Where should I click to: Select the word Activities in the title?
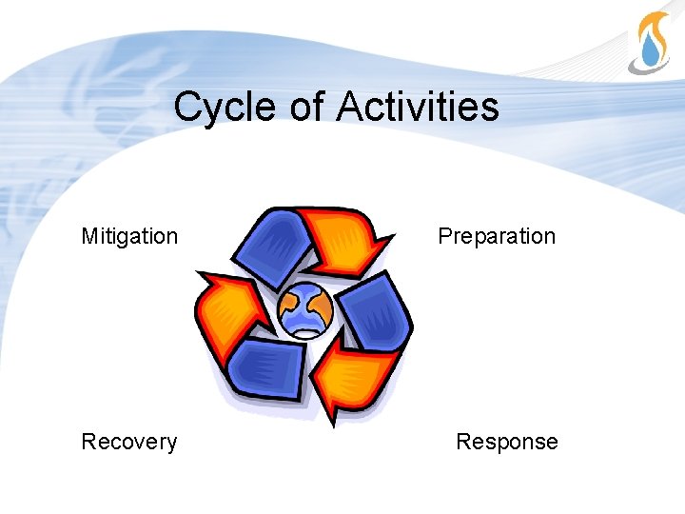417,107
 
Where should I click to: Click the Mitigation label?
129,236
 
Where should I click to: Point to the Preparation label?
497,236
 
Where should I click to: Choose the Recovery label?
129,442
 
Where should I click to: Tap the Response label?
507,442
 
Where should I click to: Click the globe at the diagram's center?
305,310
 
